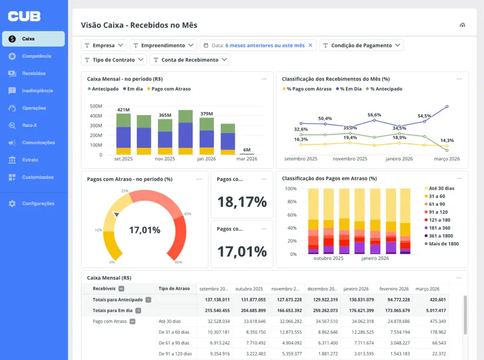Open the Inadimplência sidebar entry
point(37,91)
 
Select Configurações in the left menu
point(38,204)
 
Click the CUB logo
point(25,16)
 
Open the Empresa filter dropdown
point(104,45)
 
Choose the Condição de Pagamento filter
point(361,45)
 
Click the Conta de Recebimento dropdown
point(190,60)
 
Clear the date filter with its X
point(310,45)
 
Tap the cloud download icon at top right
point(462,25)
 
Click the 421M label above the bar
point(123,110)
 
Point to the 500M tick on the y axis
point(96,105)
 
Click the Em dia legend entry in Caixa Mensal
point(134,89)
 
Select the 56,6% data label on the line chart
point(374,114)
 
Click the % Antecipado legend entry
point(385,89)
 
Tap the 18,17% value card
point(242,201)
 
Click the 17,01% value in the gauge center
point(145,230)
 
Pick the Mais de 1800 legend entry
point(443,243)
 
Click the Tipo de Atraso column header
point(174,289)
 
